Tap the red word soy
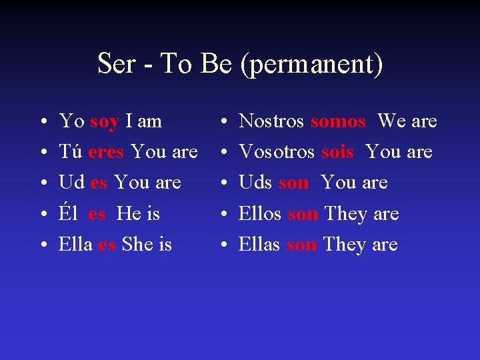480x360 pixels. coord(104,121)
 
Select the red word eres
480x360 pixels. coord(106,152)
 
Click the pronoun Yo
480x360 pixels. coord(71,121)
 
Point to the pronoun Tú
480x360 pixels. coord(71,152)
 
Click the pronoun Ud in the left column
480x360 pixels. coord(71,182)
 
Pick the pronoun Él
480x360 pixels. coord(69,213)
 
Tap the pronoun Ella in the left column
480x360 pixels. coord(75,244)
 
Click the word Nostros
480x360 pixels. coord(271,121)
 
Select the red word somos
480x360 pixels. coord(338,121)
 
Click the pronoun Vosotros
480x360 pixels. coord(277,152)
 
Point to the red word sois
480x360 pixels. coord(337,152)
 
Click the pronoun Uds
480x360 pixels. coord(255,182)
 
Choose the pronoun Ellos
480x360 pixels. coord(260,213)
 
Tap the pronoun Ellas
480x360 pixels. coord(259,244)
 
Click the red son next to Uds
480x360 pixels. coord(294,182)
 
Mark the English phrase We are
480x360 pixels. coord(407,121)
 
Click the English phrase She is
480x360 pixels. coord(147,244)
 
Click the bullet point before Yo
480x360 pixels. coord(42,122)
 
